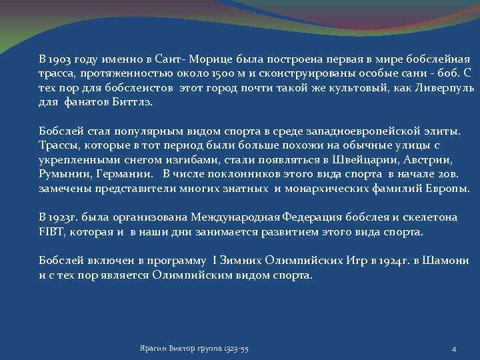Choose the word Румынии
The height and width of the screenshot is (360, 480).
[64, 175]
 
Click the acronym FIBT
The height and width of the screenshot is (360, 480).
[51, 232]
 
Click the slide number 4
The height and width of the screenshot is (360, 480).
[453, 349]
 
